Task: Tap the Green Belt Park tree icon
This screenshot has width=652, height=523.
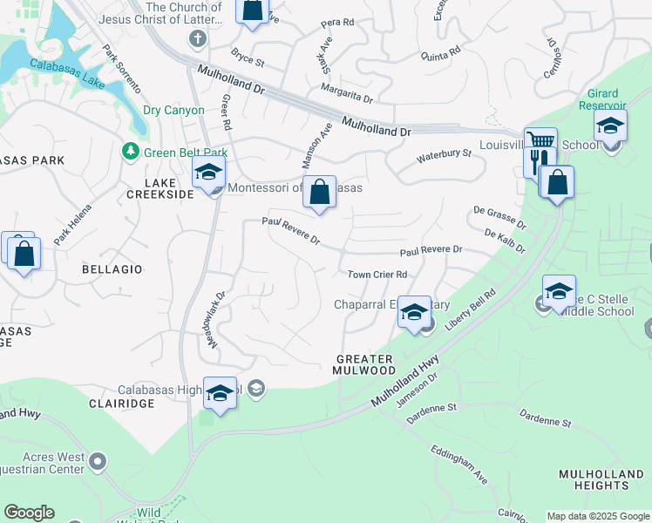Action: [131, 153]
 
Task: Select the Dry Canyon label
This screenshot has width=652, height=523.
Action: [173, 111]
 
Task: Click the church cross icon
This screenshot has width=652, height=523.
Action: [199, 39]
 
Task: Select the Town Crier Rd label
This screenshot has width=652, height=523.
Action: [377, 275]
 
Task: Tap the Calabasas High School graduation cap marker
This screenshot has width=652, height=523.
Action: [220, 392]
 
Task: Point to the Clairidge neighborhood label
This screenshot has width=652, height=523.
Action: [122, 404]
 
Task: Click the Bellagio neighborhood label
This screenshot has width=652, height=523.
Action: [112, 269]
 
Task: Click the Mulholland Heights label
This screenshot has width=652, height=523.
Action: [602, 480]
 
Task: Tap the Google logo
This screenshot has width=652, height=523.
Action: [29, 513]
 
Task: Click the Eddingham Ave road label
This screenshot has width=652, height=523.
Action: [458, 463]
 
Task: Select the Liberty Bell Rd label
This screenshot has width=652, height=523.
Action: [471, 310]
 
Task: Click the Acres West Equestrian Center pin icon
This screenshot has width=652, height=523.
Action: [98, 460]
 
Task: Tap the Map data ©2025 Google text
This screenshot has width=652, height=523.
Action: [598, 516]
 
